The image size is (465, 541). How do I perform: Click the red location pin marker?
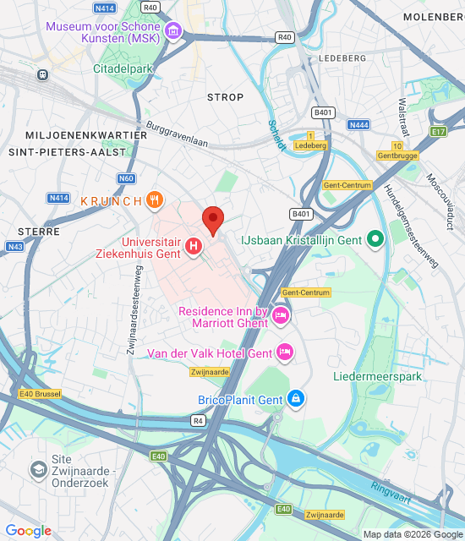coord(213,220)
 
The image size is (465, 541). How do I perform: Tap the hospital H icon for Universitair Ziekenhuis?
coord(194,247)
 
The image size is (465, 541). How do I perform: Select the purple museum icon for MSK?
coord(173,31)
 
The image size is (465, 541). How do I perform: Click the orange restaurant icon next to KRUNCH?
coord(153,200)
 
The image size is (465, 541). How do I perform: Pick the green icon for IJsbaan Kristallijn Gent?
coord(376,240)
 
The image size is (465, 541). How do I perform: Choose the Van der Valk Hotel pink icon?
coord(286,351)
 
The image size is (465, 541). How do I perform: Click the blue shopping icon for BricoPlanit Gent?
coord(295,398)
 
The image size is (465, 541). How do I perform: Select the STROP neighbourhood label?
coord(225,97)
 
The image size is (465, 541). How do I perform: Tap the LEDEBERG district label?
coord(342,58)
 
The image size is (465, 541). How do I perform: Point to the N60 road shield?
coord(126,178)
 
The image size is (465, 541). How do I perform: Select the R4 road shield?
coord(198,420)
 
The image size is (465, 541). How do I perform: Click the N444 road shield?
coord(358,125)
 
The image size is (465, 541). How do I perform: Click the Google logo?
coord(28,531)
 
